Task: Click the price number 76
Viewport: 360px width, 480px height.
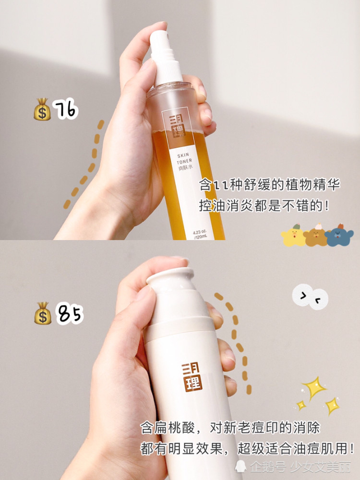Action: (x=65, y=108)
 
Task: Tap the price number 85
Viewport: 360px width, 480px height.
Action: (x=70, y=313)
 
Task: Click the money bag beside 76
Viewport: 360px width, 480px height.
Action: (x=42, y=109)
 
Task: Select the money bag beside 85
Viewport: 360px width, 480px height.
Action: (x=43, y=313)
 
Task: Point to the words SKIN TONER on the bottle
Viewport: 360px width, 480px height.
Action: (x=184, y=157)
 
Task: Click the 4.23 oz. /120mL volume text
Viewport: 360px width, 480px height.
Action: (x=200, y=234)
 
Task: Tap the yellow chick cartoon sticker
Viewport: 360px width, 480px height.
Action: (x=293, y=235)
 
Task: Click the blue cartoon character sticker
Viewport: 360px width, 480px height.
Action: (x=338, y=235)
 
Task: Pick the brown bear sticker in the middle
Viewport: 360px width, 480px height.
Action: (x=316, y=235)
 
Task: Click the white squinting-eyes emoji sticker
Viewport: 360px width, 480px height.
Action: (x=310, y=297)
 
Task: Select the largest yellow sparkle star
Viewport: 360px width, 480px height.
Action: (x=314, y=388)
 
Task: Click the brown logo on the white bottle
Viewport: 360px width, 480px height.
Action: (x=192, y=377)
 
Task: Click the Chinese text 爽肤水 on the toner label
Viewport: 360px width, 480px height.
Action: (x=185, y=168)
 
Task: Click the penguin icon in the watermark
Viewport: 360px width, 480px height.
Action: (x=240, y=466)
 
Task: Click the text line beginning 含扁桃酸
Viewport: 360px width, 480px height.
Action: (x=230, y=428)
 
